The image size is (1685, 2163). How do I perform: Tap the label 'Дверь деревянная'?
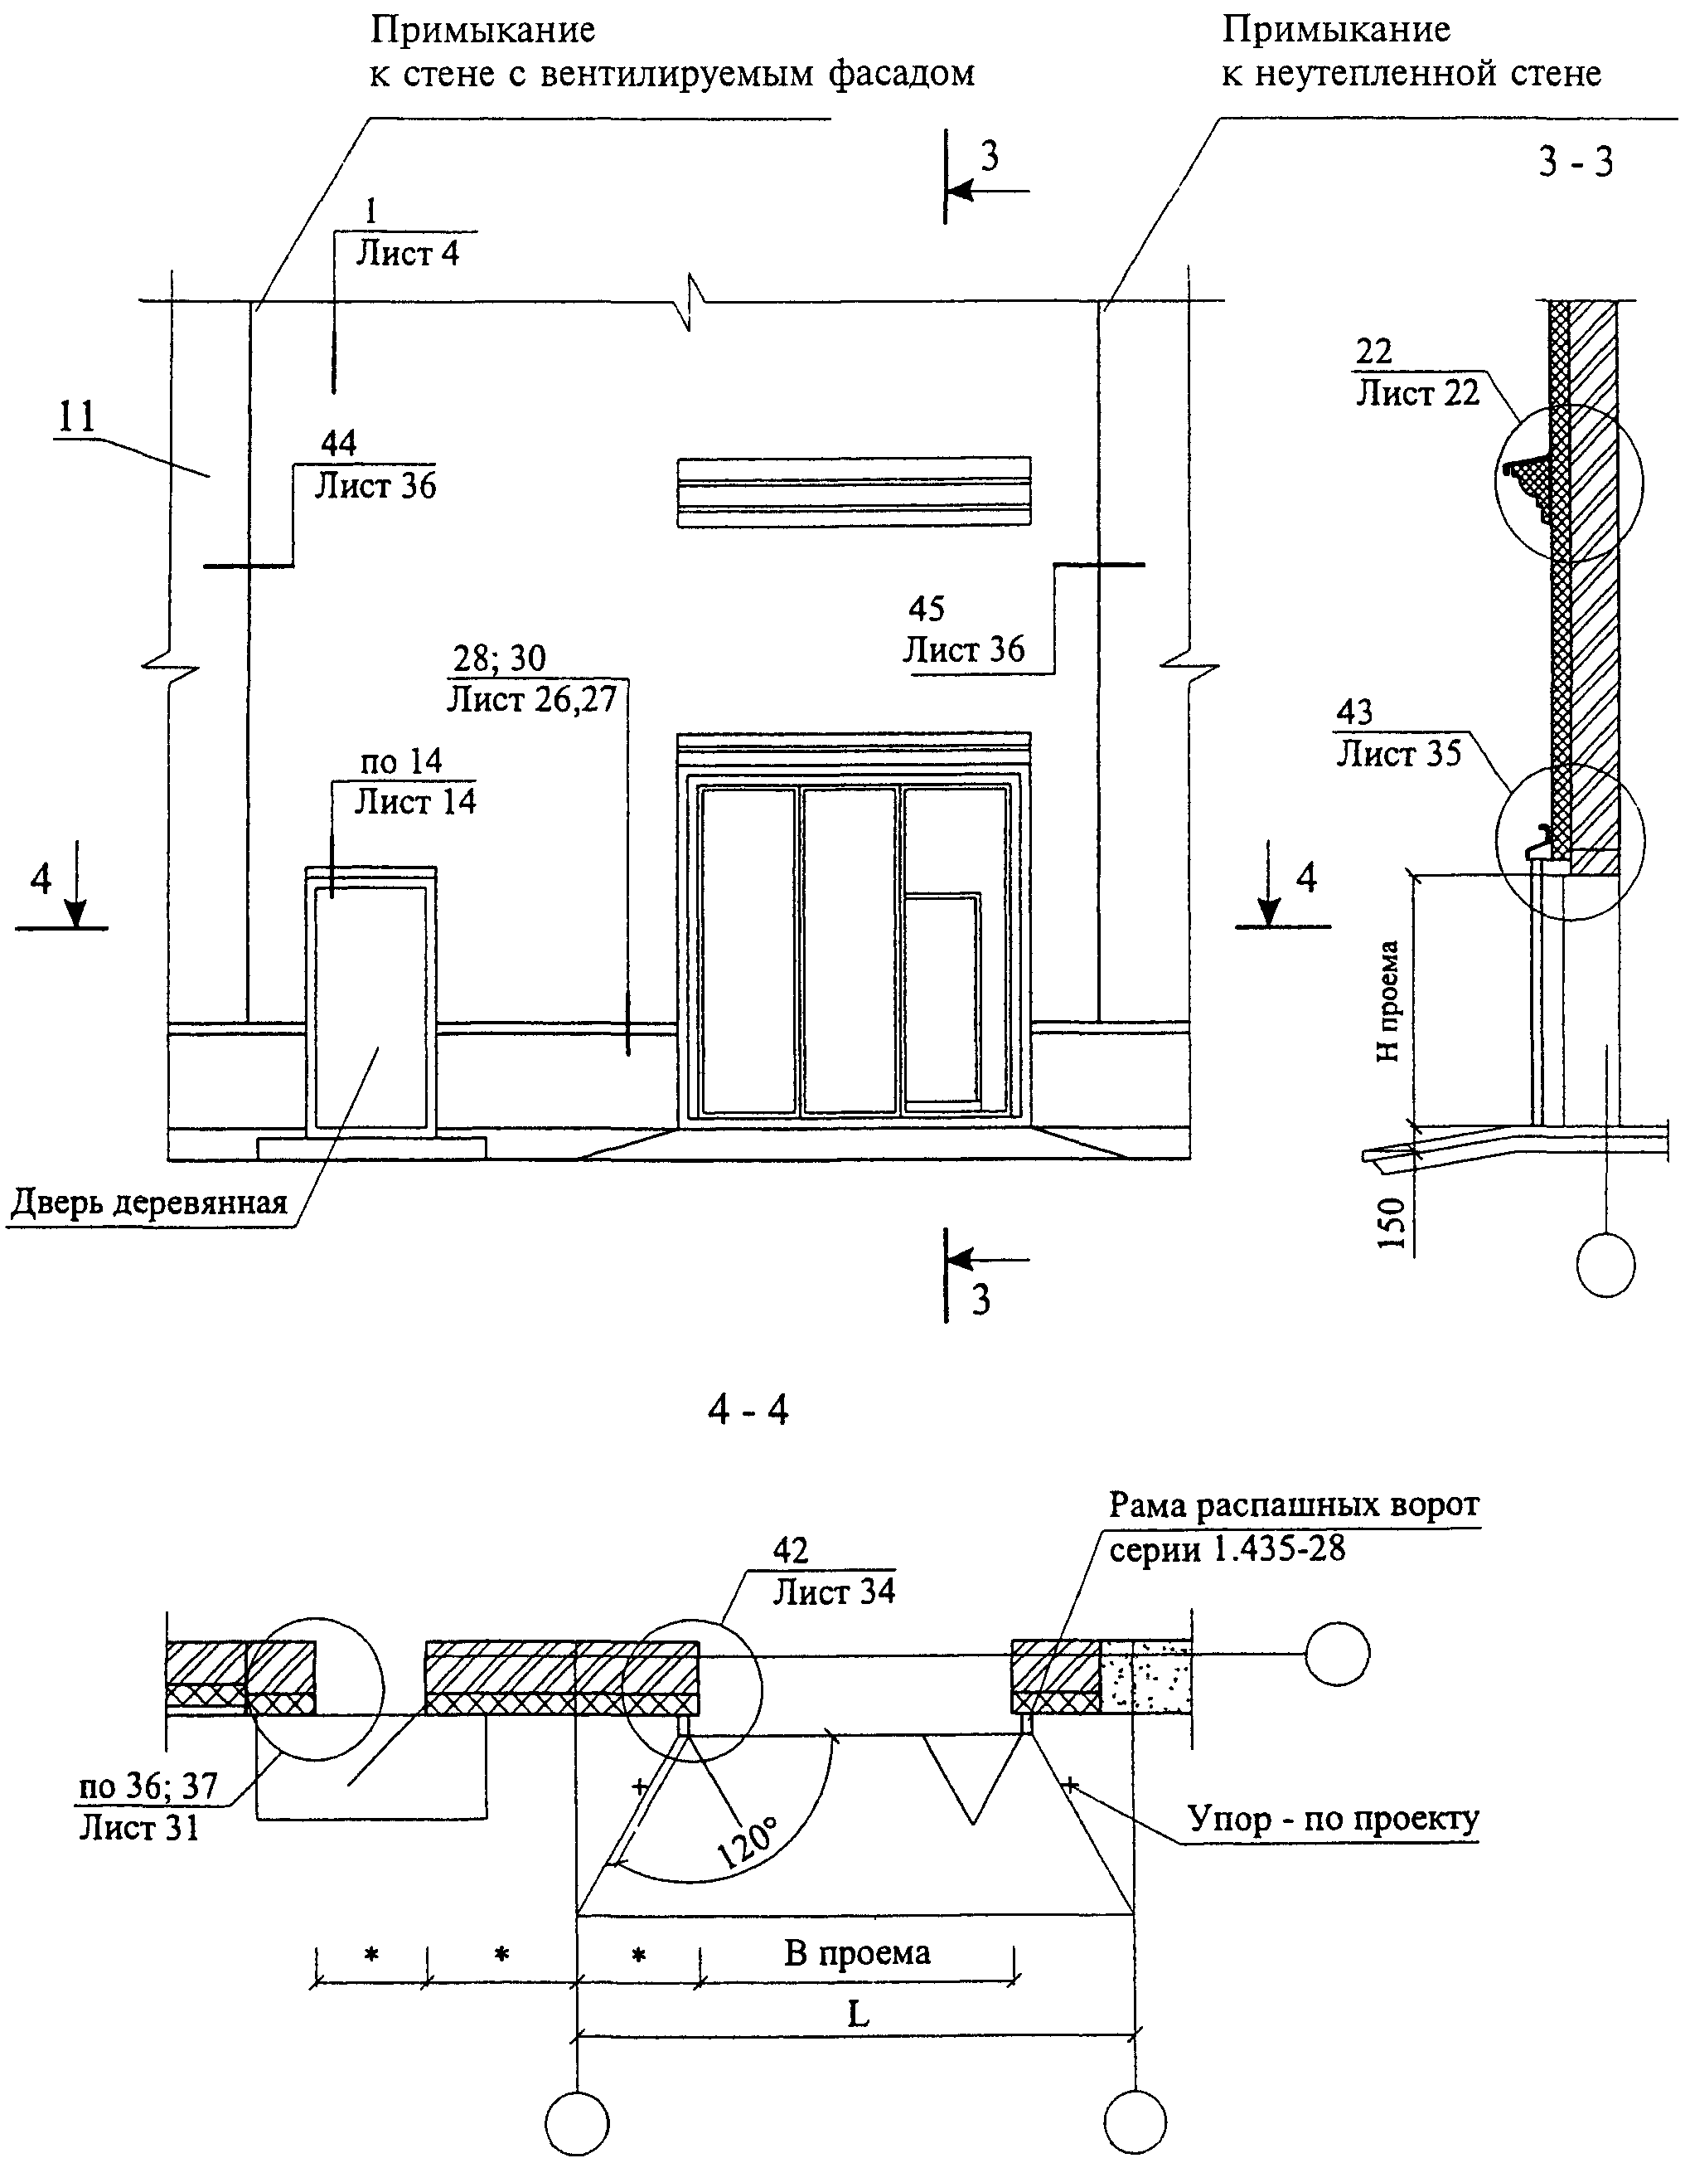coord(149,1203)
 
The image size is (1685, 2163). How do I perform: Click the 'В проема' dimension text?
coord(857,1952)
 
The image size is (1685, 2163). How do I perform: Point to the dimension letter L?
coord(857,2014)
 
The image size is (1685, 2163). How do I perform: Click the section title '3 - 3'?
coord(1575,162)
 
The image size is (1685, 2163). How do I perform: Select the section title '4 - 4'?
coord(748,1408)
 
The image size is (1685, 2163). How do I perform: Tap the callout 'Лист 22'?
coord(1416,393)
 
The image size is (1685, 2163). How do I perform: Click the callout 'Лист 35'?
coord(1399,754)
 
